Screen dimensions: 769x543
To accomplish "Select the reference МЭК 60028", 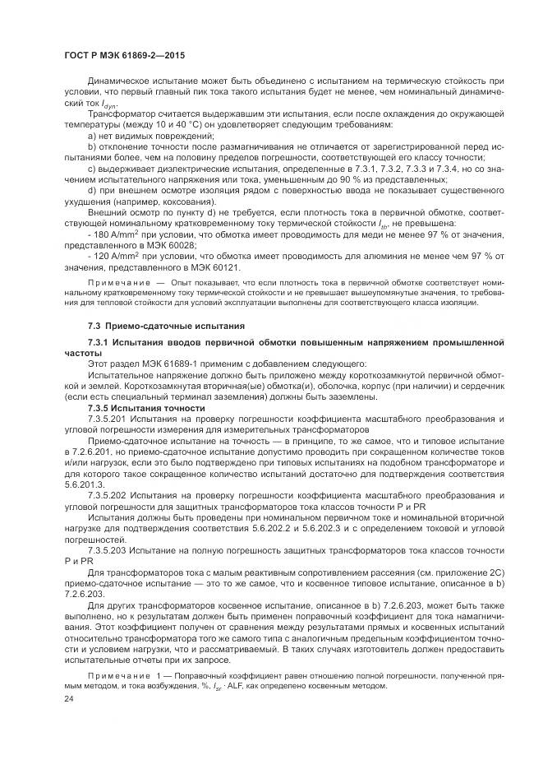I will click(168, 244).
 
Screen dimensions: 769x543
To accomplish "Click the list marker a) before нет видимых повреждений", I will click(90, 134).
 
